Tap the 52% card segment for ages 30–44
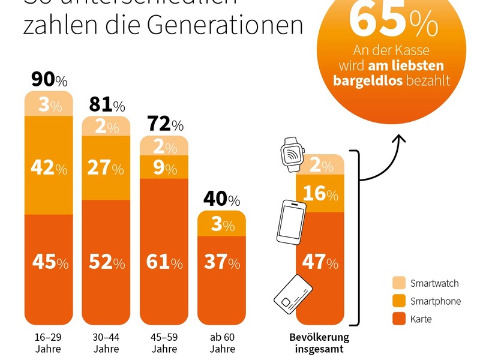107,262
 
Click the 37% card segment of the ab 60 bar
222,262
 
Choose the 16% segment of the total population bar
320,193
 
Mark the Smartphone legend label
435,301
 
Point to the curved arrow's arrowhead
398,139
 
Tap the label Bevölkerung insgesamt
319,343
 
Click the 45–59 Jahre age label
164,343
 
